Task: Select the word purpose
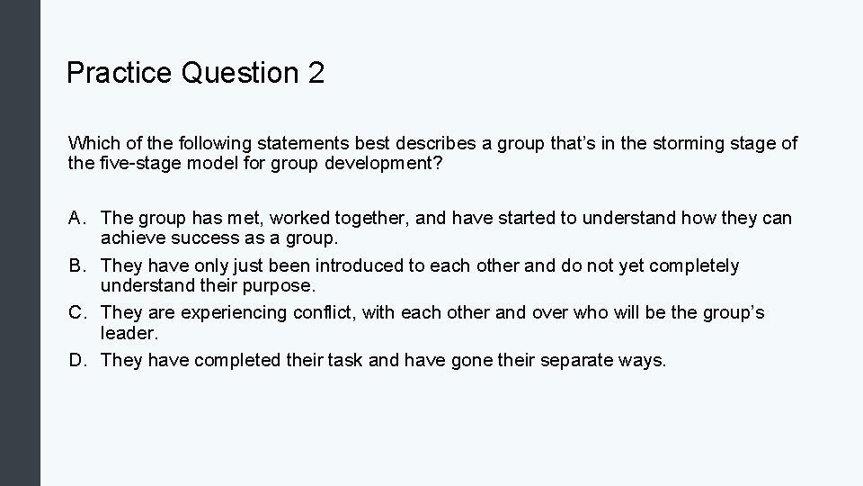tap(286, 286)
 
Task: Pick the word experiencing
tap(235, 312)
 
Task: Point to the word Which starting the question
tap(93, 143)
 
